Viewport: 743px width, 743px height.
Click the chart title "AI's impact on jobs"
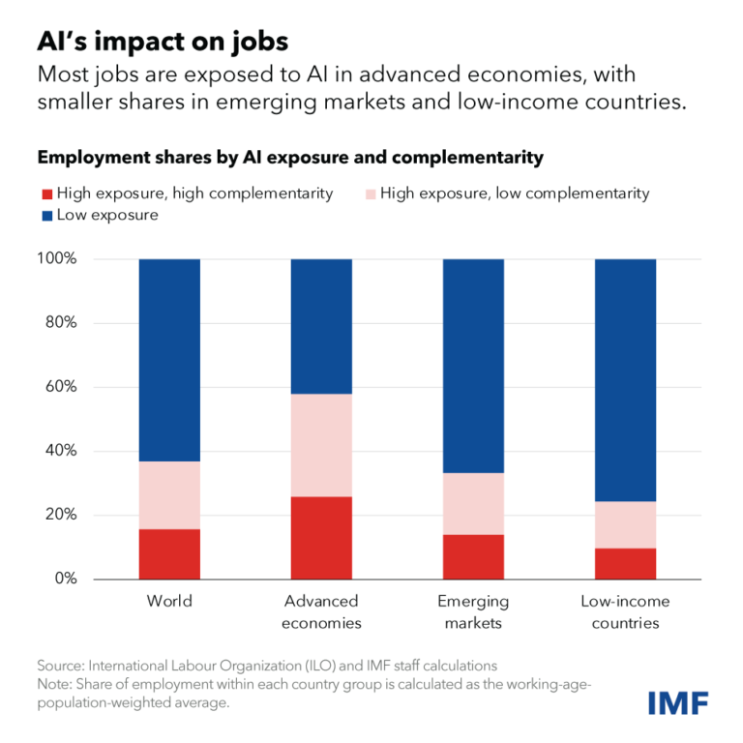point(163,42)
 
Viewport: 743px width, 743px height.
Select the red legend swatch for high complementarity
point(45,193)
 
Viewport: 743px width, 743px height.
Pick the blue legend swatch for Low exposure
point(45,215)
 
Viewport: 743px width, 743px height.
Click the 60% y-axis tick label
point(60,387)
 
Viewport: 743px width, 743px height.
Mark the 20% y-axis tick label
point(60,515)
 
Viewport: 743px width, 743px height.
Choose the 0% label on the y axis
point(64,579)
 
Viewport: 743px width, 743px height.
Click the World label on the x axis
point(169,601)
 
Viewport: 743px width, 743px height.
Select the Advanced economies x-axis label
point(321,611)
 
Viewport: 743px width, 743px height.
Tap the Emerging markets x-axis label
point(473,611)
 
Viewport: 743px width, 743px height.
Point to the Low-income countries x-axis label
point(625,611)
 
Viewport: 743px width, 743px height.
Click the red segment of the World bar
point(169,553)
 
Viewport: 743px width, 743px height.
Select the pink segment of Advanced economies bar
point(321,445)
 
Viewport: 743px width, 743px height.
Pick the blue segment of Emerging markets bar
point(473,366)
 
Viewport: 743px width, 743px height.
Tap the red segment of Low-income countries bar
point(625,563)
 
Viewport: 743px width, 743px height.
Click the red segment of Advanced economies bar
point(321,537)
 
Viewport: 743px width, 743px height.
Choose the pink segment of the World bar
point(169,494)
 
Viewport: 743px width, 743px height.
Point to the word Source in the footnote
point(60,666)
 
